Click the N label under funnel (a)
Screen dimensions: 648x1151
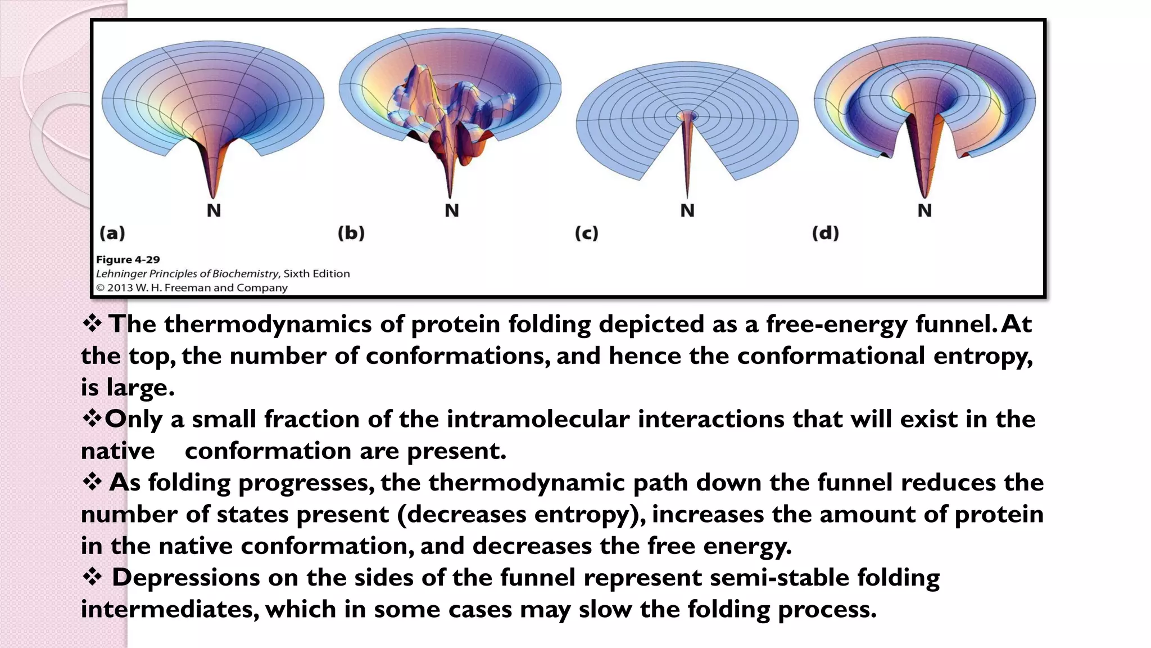click(214, 210)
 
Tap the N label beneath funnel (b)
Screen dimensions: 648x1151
click(452, 210)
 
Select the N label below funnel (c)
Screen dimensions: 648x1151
click(687, 210)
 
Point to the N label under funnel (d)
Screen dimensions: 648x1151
click(925, 210)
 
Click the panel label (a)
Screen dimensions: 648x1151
click(112, 233)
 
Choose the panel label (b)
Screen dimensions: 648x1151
click(351, 233)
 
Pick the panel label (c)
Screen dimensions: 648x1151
click(586, 233)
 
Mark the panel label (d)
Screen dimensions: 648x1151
click(825, 233)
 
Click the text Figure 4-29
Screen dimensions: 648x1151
click(128, 260)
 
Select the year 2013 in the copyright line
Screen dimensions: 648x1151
click(120, 288)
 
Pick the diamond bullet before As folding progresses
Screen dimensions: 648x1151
click(92, 482)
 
